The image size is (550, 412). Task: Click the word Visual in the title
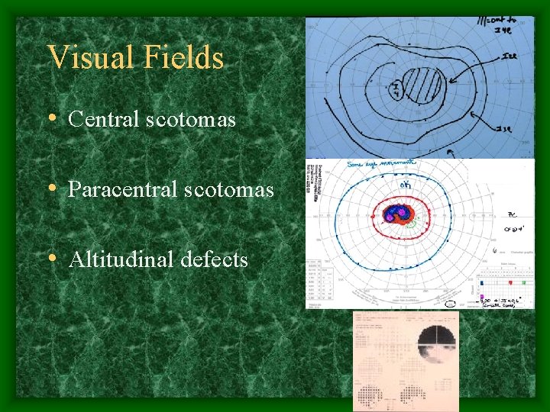[x=85, y=58]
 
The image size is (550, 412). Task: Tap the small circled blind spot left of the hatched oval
[x=396, y=91]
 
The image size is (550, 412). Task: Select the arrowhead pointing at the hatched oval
[x=451, y=79]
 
